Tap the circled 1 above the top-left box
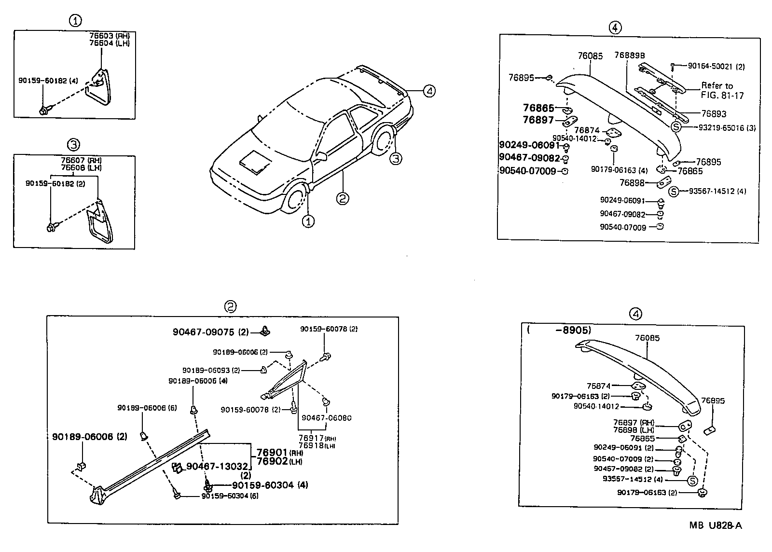coord(75,20)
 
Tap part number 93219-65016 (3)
coord(727,127)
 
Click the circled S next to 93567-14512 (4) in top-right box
coord(674,192)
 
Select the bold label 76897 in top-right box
coord(538,120)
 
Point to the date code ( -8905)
coord(560,331)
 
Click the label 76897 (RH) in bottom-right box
coord(633,422)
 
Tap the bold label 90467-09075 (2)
coord(210,332)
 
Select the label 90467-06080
coord(327,418)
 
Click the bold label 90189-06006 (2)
coord(90,436)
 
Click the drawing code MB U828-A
coord(716,525)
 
